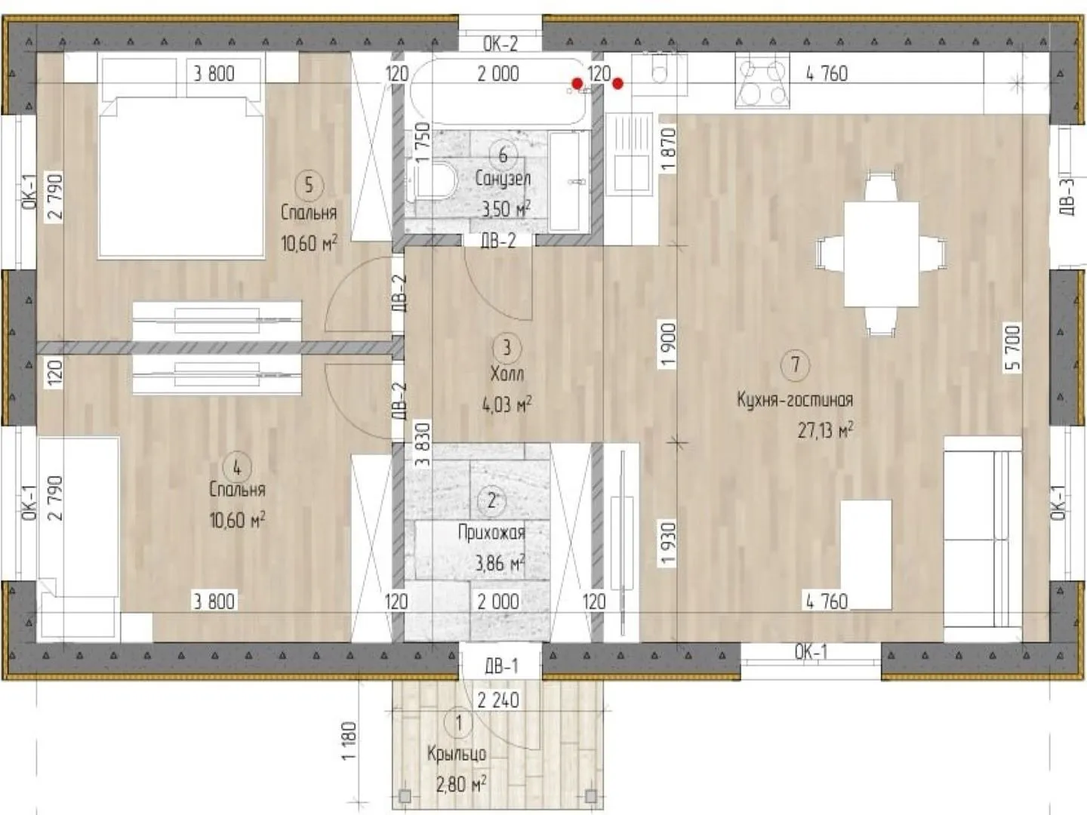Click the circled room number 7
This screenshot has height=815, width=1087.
(795, 364)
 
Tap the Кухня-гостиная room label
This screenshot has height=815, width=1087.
(795, 400)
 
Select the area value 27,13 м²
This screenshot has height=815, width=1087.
(825, 429)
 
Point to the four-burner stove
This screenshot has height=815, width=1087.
(762, 81)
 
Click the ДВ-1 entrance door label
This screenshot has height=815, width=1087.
(501, 666)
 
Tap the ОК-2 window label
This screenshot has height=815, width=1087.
(500, 44)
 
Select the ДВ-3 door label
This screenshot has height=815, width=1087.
(1068, 197)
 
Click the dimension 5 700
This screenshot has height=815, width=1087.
(1012, 347)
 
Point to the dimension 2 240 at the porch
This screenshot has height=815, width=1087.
(498, 700)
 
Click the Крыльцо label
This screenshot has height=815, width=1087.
(457, 755)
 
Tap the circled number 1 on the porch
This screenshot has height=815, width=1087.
(458, 724)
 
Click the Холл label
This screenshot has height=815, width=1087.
(507, 374)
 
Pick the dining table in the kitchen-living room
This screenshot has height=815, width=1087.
(881, 254)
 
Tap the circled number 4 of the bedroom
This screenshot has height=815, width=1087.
(237, 468)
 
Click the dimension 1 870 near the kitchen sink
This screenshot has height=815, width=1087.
(669, 150)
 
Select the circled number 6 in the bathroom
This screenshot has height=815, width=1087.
(503, 155)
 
